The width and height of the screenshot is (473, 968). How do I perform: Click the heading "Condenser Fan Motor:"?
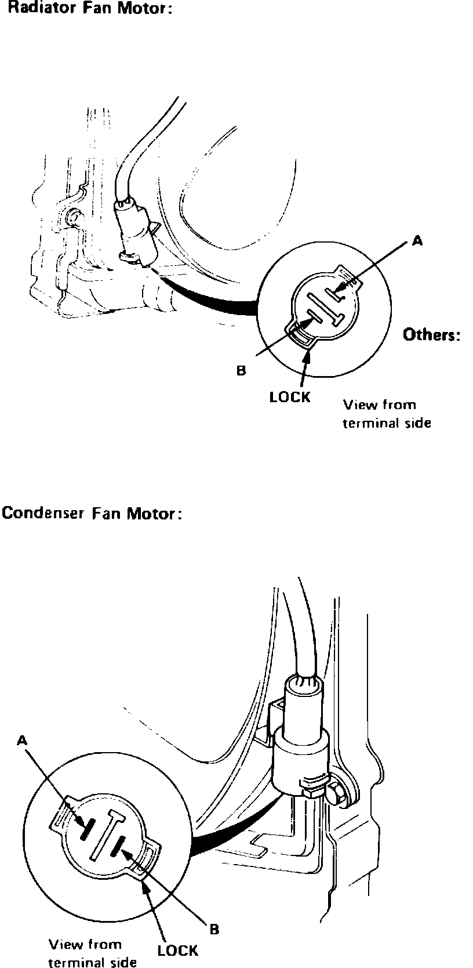92,514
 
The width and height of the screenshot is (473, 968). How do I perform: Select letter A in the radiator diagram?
416,241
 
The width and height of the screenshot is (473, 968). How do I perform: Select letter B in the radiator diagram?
241,370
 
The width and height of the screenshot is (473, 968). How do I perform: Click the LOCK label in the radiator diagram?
290,397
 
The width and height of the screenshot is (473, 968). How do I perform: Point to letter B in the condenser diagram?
214,929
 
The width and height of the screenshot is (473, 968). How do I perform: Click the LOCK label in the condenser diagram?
177,950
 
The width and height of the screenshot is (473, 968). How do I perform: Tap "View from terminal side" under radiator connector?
386,414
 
